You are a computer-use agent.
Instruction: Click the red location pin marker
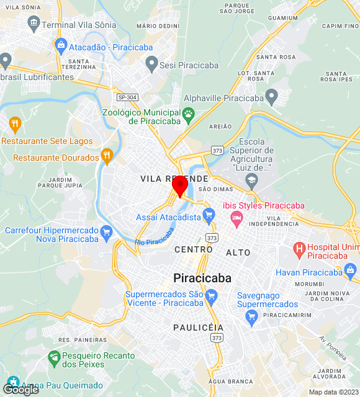(180, 185)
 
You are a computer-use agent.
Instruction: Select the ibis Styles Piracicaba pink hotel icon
(236, 216)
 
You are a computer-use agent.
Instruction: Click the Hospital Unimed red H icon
(299, 250)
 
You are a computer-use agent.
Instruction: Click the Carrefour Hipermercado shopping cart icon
(107, 233)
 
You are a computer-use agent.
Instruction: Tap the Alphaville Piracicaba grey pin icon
(271, 96)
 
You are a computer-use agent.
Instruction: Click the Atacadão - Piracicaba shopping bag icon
(61, 45)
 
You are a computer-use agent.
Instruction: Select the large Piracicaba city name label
(202, 278)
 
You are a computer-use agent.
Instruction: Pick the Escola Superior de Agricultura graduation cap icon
(251, 181)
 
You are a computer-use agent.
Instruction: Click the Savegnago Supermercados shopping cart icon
(251, 318)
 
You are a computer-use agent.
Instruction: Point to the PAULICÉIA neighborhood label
(198, 327)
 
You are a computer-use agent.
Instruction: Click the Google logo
(20, 390)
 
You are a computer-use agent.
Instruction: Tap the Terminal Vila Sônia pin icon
(34, 25)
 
